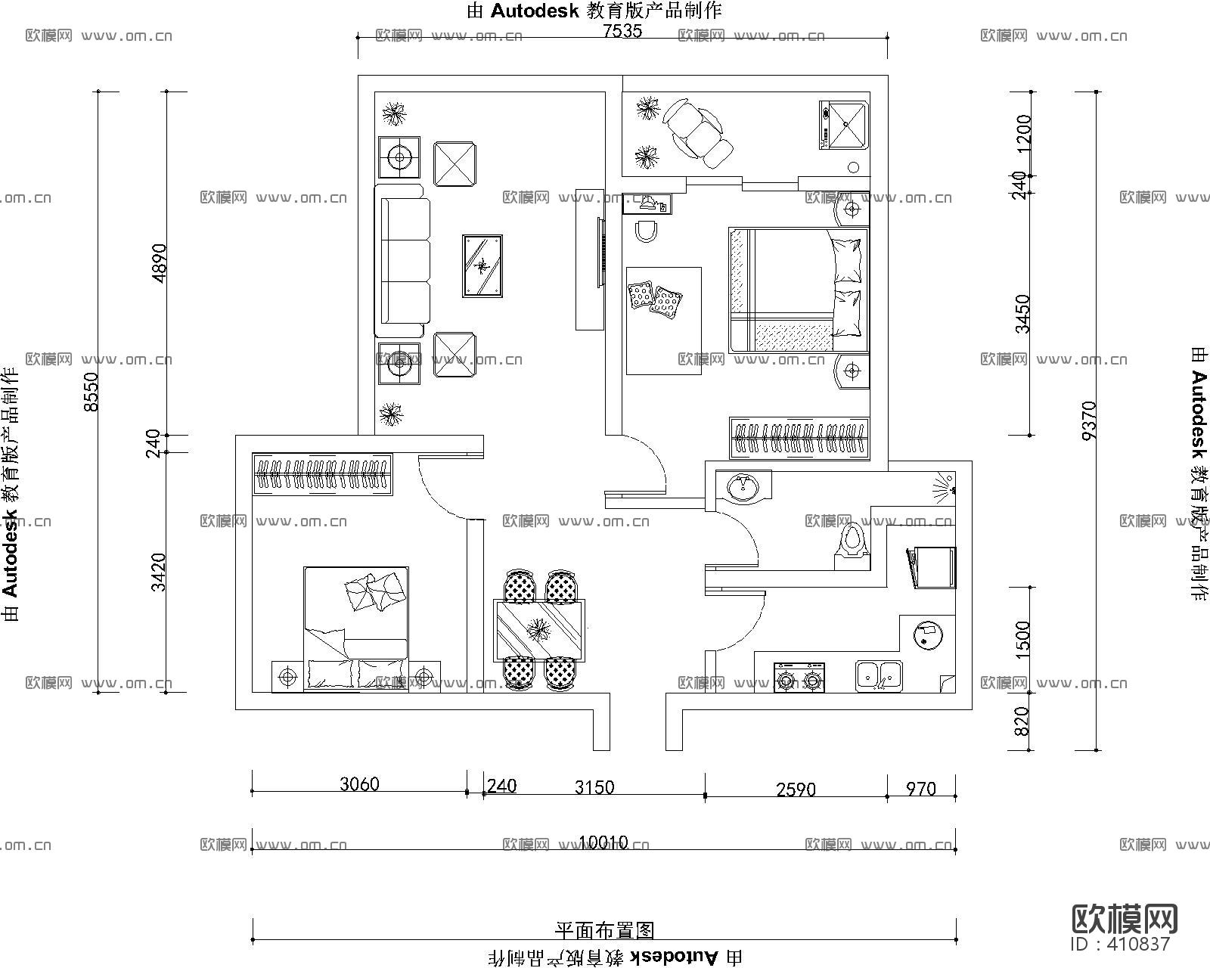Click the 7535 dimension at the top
(x=622, y=31)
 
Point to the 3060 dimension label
(x=359, y=783)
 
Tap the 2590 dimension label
(x=796, y=790)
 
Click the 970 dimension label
(x=920, y=789)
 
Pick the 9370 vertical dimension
(x=1088, y=420)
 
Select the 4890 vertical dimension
(x=159, y=262)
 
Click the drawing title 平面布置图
(x=604, y=930)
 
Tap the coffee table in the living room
(x=482, y=265)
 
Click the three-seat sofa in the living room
(x=403, y=261)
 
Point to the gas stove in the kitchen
(x=799, y=678)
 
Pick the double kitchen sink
(x=879, y=675)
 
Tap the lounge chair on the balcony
(x=698, y=133)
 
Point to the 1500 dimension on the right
(x=1022, y=639)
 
